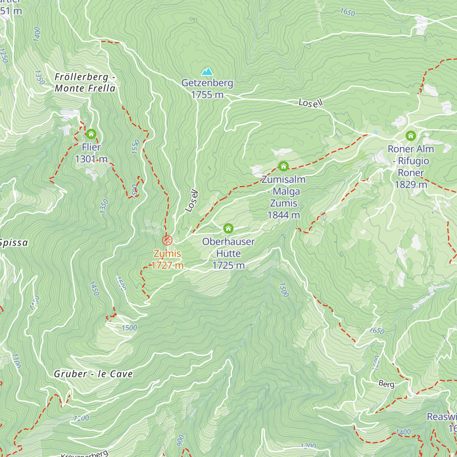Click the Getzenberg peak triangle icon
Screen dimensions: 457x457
coord(207,71)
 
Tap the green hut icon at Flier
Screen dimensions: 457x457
coord(91,134)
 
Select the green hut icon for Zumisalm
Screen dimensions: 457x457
coord(283,166)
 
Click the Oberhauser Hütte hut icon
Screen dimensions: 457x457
coord(228,228)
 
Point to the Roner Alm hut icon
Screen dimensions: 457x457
coord(411,135)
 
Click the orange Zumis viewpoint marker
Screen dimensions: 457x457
coord(167,240)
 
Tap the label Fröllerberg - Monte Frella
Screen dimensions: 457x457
coord(85,83)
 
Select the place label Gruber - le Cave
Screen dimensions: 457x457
coord(93,374)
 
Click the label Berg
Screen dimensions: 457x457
coord(386,384)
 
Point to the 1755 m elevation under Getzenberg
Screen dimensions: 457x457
coord(207,94)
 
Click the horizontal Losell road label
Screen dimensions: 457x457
coord(311,102)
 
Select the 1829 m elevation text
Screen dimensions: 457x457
coord(411,184)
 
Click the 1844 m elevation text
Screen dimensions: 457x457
coord(284,215)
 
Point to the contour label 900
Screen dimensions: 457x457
coord(181,440)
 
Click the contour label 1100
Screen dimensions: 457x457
coord(16,361)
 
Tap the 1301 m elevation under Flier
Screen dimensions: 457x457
coord(91,159)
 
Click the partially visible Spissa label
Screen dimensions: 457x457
coord(14,243)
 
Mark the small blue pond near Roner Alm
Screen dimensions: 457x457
coord(376,132)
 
